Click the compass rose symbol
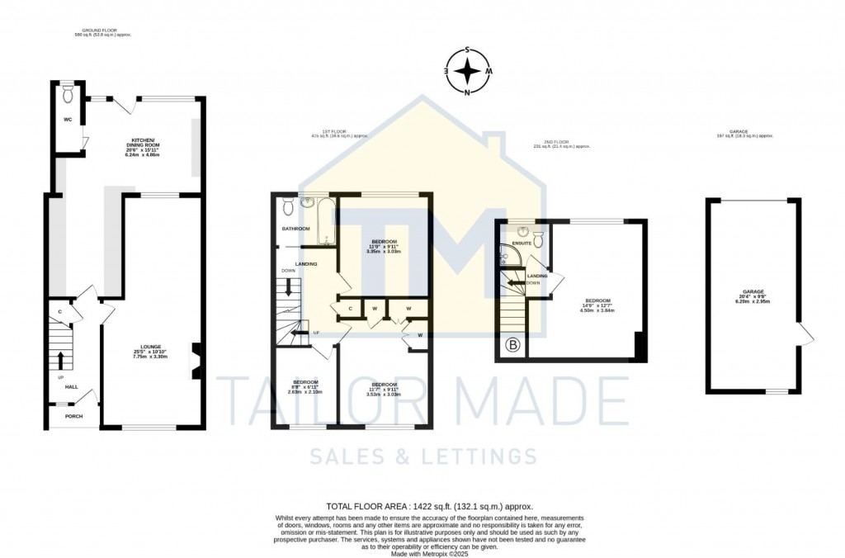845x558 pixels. pyautogui.click(x=468, y=71)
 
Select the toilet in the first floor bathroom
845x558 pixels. pyautogui.click(x=287, y=204)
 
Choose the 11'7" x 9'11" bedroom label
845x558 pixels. pyautogui.click(x=384, y=389)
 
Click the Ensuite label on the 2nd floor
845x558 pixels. pyautogui.click(x=522, y=244)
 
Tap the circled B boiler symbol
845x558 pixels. pyautogui.click(x=512, y=345)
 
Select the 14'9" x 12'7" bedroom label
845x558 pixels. pyautogui.click(x=598, y=305)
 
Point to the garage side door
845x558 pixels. pyautogui.click(x=805, y=334)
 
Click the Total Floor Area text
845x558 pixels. pyautogui.click(x=429, y=506)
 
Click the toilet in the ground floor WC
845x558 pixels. pyautogui.click(x=68, y=94)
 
